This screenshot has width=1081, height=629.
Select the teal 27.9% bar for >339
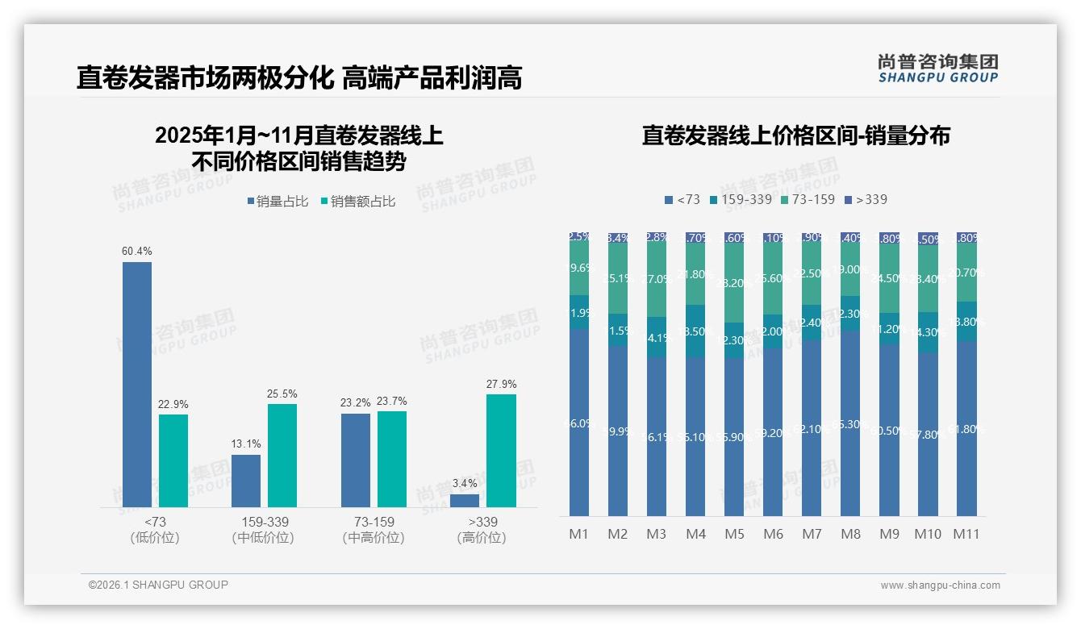pyautogui.click(x=501, y=451)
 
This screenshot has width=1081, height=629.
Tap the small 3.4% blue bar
pyautogui.click(x=465, y=501)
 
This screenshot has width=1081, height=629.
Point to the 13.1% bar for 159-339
pyautogui.click(x=246, y=481)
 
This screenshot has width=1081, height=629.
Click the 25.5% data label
pyautogui.click(x=282, y=394)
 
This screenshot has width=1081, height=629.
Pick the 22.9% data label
pyautogui.click(x=173, y=405)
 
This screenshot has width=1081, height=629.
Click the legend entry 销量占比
pyautogui.click(x=278, y=202)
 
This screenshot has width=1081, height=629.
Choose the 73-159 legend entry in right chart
pyautogui.click(x=808, y=199)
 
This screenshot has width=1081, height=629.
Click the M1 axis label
pyautogui.click(x=578, y=534)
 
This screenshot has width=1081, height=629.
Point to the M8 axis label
pyautogui.click(x=851, y=534)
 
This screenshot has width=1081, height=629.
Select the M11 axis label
pyautogui.click(x=966, y=534)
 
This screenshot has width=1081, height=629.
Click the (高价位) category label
pyautogui.click(x=482, y=538)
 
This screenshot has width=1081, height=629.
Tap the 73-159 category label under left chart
pyautogui.click(x=374, y=522)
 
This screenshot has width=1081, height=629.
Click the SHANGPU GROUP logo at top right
pyautogui.click(x=937, y=69)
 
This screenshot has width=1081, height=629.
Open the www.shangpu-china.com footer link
pyautogui.click(x=940, y=585)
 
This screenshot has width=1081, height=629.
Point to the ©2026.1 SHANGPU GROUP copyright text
pyautogui.click(x=158, y=585)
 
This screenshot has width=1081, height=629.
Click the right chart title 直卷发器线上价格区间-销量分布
pyautogui.click(x=795, y=135)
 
